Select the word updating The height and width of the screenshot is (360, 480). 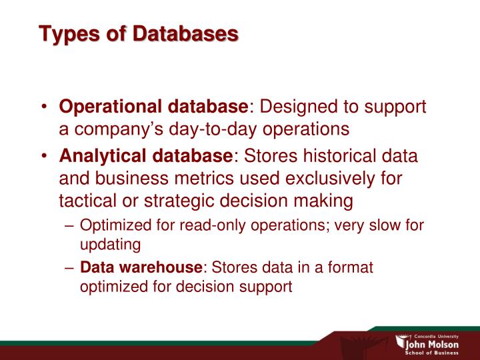point(111,245)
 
